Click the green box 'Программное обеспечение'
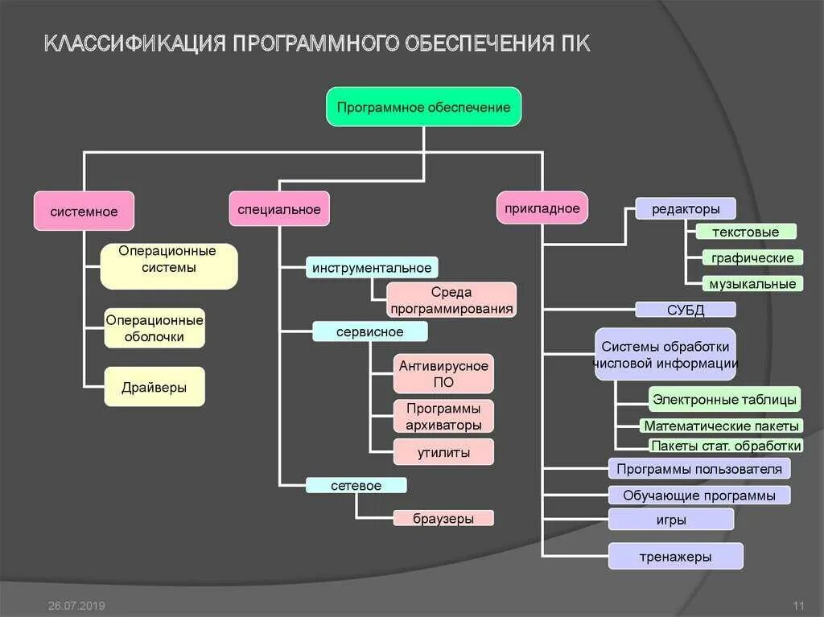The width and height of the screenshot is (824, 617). (x=423, y=107)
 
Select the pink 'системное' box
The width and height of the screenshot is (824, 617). (x=84, y=212)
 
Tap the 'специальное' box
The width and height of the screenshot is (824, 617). (x=279, y=209)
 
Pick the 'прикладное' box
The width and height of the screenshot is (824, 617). (x=542, y=208)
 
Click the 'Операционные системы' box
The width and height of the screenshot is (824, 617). (x=169, y=266)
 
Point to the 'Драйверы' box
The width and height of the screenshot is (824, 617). (x=154, y=387)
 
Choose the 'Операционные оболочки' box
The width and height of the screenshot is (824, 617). (x=154, y=328)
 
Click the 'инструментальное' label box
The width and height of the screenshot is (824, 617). (x=372, y=268)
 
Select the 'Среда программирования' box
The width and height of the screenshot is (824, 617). (x=451, y=300)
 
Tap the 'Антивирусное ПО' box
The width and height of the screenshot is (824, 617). (x=443, y=374)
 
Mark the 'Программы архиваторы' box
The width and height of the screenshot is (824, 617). (x=443, y=416)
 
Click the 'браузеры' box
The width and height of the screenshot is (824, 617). (x=443, y=518)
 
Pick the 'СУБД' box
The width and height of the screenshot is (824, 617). (x=686, y=310)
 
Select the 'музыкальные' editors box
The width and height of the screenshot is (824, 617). (x=752, y=283)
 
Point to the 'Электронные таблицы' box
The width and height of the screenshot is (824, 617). (x=724, y=399)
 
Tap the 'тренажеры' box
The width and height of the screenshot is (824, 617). (x=675, y=556)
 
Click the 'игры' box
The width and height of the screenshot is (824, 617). (x=670, y=520)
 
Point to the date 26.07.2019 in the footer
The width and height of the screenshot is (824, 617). (x=76, y=605)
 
